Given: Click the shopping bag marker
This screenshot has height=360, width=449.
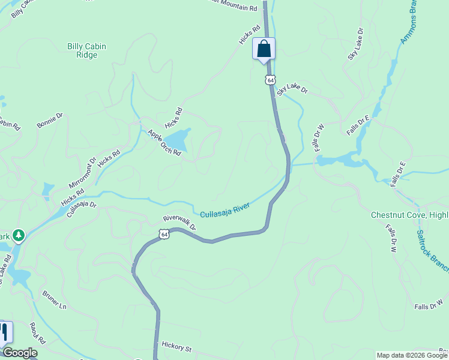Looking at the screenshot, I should click(x=264, y=49).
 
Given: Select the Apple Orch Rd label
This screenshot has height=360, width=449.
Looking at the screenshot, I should click(x=164, y=143).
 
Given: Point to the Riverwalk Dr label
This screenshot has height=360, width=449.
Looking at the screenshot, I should click(x=179, y=223).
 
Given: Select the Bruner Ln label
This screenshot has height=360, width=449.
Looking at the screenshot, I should click(x=54, y=301).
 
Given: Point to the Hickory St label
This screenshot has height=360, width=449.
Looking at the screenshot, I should click(x=176, y=347).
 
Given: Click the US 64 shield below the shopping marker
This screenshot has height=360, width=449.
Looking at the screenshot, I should click(x=271, y=79).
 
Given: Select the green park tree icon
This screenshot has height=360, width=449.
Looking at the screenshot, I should click(x=19, y=235).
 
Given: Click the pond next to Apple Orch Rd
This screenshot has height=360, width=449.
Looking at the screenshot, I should click(x=177, y=140).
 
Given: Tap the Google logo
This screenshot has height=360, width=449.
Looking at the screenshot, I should click(x=19, y=353).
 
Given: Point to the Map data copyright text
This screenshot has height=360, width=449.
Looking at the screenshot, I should click(x=412, y=355).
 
